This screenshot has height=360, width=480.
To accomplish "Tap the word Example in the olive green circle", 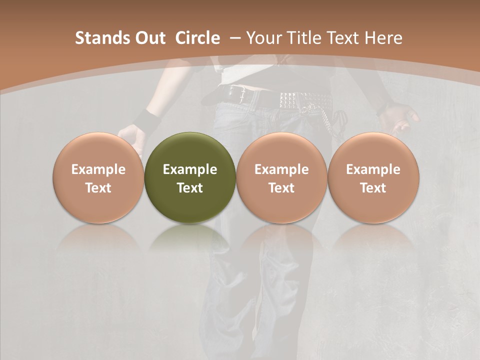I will click(190, 169).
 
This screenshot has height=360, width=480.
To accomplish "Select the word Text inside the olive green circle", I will click(190, 188).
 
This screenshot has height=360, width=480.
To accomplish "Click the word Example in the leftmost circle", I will click(98, 169).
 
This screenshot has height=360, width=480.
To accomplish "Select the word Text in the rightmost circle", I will click(373, 188).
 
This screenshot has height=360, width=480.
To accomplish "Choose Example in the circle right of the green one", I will click(281, 169).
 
